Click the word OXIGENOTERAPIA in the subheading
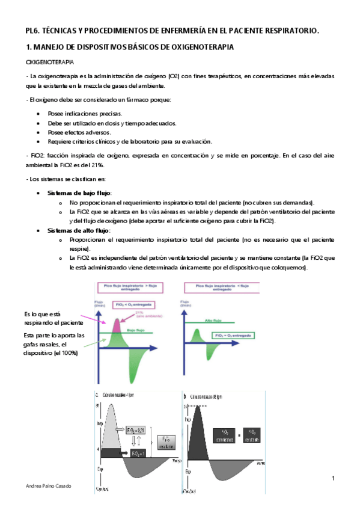point(50,62)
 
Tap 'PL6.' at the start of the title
point(34,30)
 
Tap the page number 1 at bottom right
point(332,478)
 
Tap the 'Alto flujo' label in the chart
point(214,321)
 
